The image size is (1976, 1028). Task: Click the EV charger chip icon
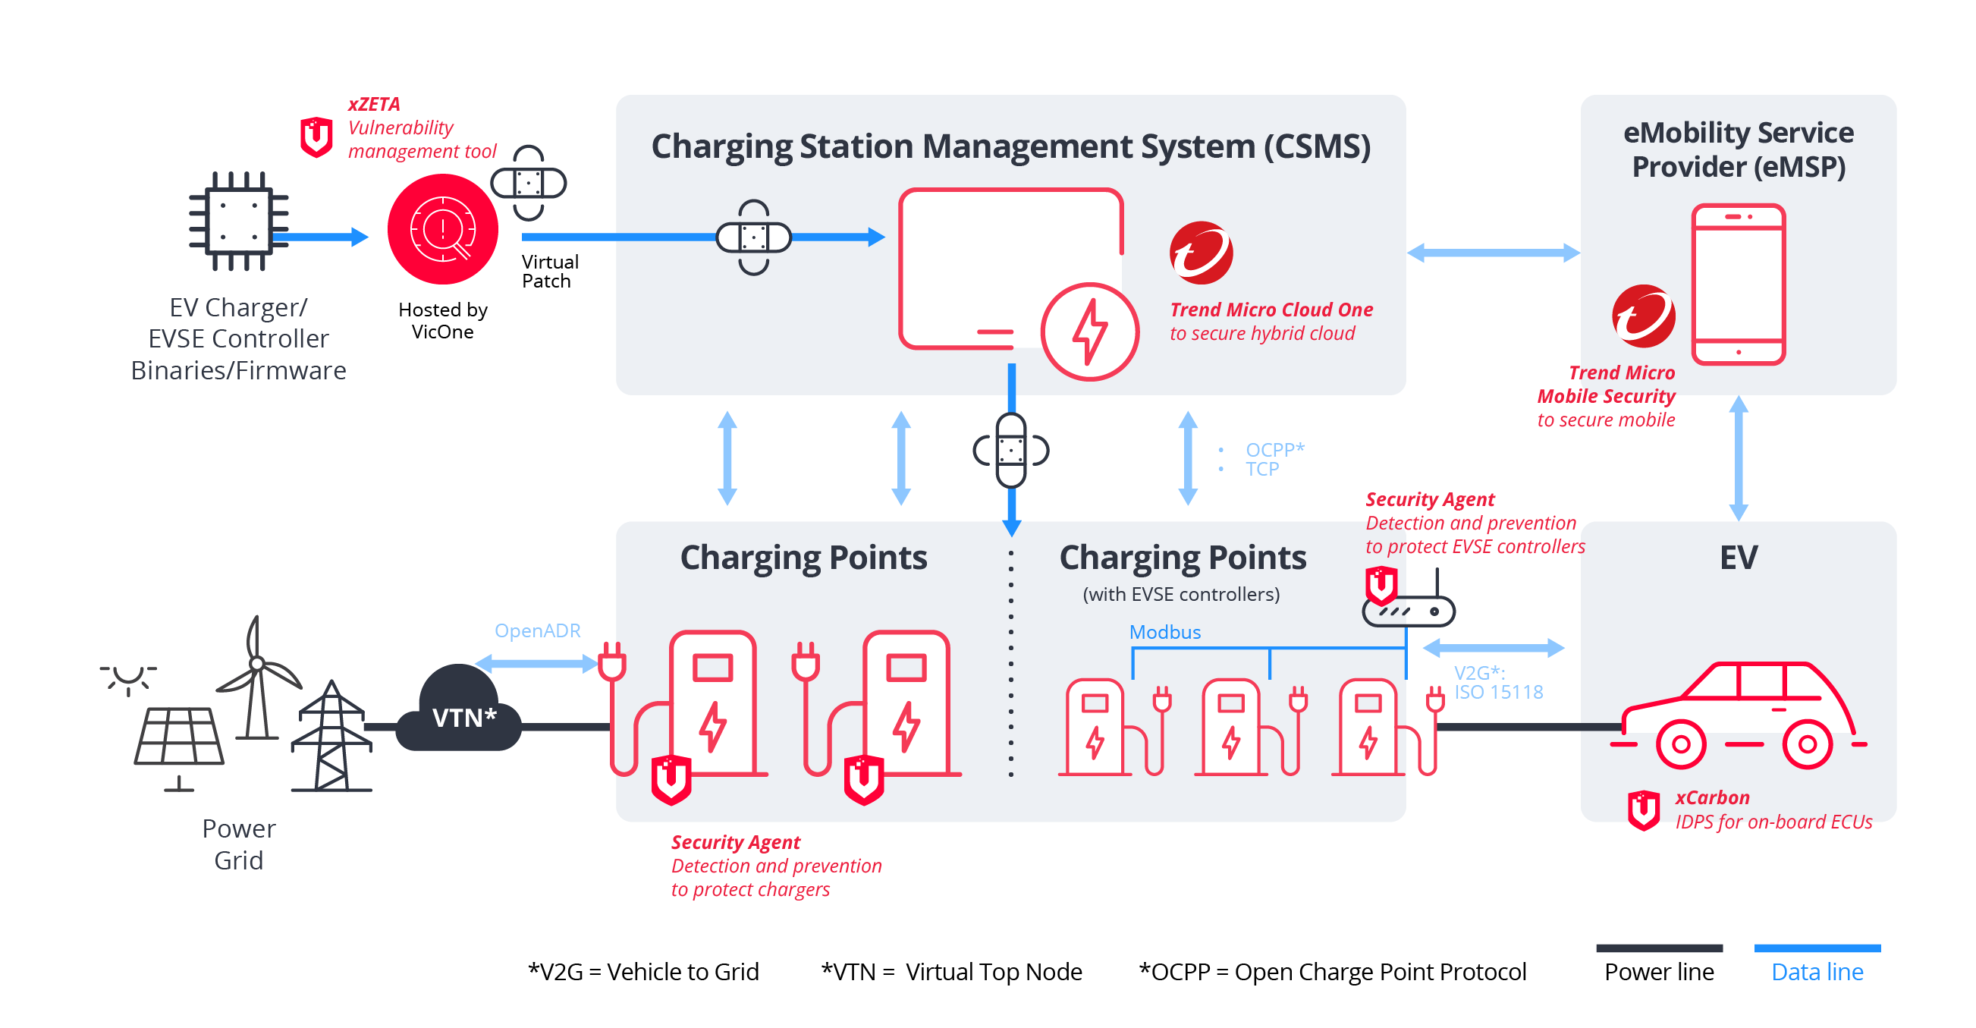point(239,222)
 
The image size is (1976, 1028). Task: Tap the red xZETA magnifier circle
point(442,228)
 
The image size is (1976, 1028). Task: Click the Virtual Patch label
point(549,272)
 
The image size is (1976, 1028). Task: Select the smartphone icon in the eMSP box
point(1739,285)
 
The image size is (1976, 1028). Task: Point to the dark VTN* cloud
point(460,710)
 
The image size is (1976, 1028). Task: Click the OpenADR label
point(537,630)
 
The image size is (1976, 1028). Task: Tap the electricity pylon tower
point(331,738)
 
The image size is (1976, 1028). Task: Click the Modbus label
point(1164,632)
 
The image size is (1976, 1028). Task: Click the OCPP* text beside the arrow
point(1274,450)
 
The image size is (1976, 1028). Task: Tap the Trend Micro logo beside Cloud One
point(1201,253)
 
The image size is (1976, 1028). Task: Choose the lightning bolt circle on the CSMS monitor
point(1089,332)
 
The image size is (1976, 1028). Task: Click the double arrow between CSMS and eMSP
point(1493,253)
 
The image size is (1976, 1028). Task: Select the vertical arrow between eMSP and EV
point(1739,458)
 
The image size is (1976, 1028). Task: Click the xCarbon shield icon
point(1643,810)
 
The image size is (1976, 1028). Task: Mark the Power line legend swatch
point(1658,948)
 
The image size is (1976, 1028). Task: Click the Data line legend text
point(1817,972)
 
